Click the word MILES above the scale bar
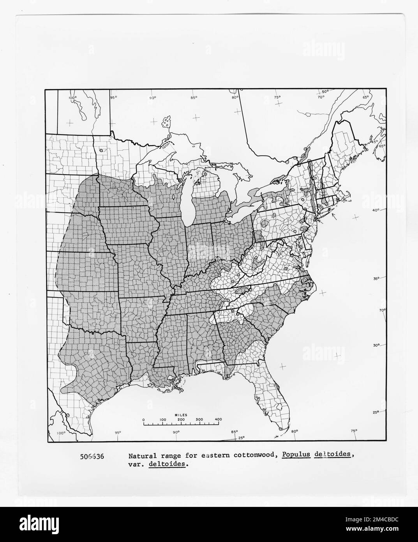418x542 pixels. click(x=181, y=414)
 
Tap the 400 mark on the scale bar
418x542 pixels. click(x=218, y=420)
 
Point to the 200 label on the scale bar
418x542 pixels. click(x=181, y=420)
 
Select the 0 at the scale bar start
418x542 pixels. click(x=143, y=420)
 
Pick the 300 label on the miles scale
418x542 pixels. click(x=200, y=420)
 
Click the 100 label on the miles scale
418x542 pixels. click(x=162, y=420)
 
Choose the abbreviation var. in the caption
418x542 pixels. click(x=136, y=464)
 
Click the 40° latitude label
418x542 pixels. click(x=376, y=211)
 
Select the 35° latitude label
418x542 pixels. click(x=376, y=278)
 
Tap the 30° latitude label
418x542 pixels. click(x=376, y=345)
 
